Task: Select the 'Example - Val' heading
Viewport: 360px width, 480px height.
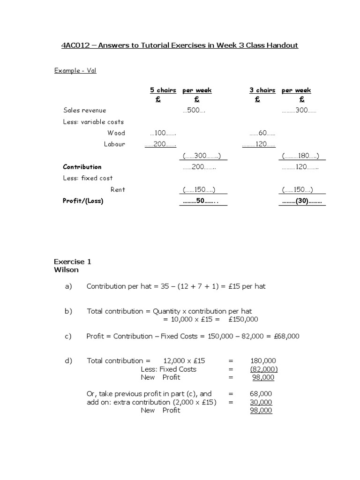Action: coord(75,71)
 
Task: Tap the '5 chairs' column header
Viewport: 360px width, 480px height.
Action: coord(163,90)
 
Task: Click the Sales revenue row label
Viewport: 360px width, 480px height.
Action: coord(85,110)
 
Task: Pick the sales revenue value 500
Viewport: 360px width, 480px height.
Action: coord(194,111)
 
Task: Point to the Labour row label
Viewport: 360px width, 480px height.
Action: coord(114,144)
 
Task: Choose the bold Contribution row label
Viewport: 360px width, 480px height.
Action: coord(82,167)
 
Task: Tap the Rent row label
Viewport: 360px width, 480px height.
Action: coord(118,189)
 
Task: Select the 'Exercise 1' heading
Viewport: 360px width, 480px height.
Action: coord(72,262)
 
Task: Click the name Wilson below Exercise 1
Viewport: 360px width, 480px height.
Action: coord(66,270)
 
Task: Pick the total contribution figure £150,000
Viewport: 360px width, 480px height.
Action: coord(243,319)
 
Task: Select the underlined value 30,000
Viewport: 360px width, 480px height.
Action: coord(261,402)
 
